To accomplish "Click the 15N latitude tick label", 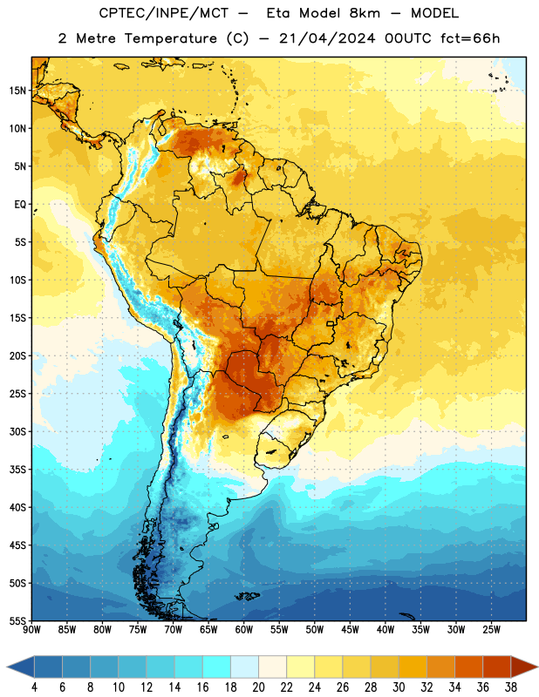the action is [17, 91].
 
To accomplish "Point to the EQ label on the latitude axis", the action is [20, 205].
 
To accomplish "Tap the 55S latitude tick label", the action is [17, 620].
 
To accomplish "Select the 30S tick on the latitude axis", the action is [17, 431].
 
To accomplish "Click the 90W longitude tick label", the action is [31, 629].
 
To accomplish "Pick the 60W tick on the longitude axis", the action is [244, 629].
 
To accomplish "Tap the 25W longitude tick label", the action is [491, 629].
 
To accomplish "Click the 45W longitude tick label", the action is [350, 629].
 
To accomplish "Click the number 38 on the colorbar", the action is [511, 687].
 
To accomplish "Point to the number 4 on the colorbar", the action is [34, 687].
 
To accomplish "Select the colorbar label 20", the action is [258, 687].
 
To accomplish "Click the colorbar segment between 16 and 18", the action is [217, 667].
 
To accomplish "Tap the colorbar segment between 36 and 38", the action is [497, 667].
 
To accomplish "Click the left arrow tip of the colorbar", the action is [7, 667].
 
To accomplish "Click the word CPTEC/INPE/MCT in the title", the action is [164, 13].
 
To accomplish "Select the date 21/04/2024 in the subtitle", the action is [327, 38].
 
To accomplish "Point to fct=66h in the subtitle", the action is [470, 38].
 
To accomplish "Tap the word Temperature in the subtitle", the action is [170, 38].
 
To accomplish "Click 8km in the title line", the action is [365, 13].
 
